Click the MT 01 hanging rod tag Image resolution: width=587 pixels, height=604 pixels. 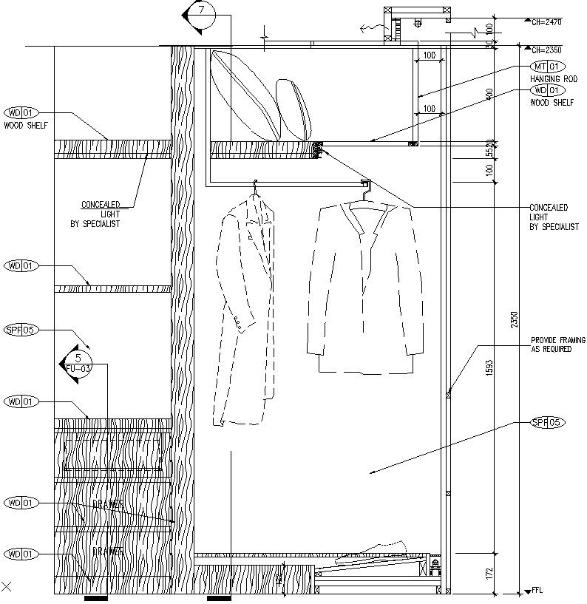click(545, 67)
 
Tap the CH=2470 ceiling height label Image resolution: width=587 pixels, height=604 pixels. click(546, 23)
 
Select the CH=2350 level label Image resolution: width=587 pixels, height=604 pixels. click(546, 50)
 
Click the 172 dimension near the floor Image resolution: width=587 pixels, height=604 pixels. click(499, 572)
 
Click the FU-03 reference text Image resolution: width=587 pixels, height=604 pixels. click(78, 368)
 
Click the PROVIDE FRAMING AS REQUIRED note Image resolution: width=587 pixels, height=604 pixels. click(552, 345)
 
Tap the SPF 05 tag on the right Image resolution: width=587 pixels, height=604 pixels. click(548, 423)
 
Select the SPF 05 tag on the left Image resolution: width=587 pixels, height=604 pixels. click(21, 330)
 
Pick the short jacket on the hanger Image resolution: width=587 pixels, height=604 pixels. click(365, 288)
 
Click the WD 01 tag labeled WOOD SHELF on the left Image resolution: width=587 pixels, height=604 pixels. click(21, 113)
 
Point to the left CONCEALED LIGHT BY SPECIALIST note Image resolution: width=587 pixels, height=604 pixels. click(101, 214)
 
